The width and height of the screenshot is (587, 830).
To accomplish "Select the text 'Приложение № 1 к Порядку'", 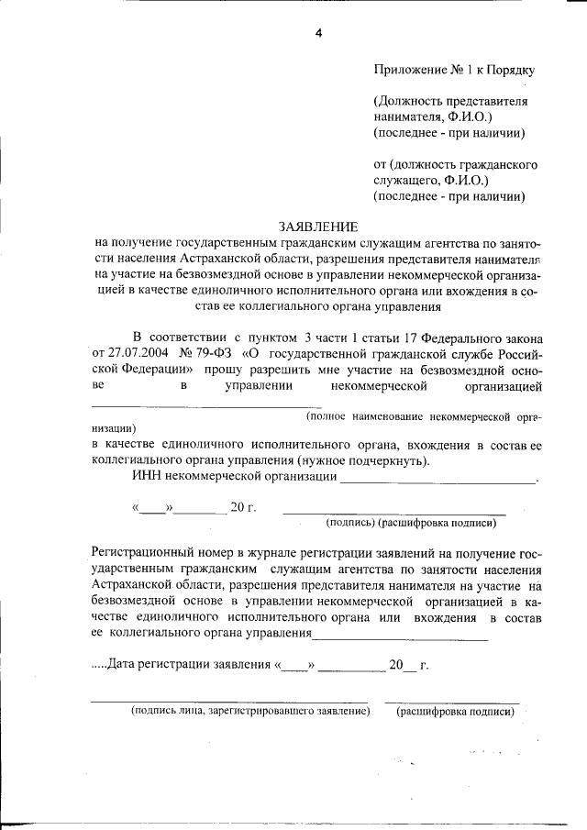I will [x=454, y=69].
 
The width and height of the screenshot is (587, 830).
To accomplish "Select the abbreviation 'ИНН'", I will [x=148, y=477].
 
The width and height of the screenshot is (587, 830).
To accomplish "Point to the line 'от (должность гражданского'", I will [x=455, y=165].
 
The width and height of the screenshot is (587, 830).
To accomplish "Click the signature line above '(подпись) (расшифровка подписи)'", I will [x=394, y=514].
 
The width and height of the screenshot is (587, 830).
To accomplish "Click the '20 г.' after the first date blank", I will [x=243, y=506].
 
